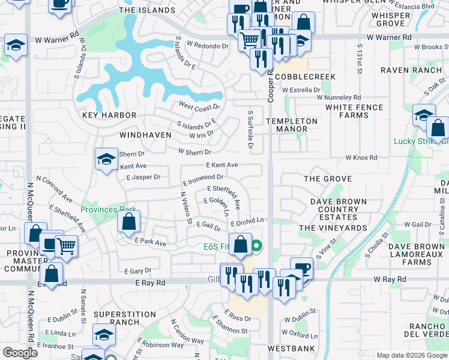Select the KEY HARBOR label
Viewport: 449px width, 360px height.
(109, 115)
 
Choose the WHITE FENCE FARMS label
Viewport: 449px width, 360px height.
(354, 111)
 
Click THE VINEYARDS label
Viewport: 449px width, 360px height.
(333, 228)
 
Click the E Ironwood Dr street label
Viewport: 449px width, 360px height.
(203, 178)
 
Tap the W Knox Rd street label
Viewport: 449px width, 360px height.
(361, 158)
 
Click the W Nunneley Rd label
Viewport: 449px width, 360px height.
(339, 97)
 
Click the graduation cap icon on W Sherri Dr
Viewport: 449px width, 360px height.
(106, 159)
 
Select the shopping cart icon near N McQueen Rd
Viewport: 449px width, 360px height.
(66, 245)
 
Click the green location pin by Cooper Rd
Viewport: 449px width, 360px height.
(256, 245)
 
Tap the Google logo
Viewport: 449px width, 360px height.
(20, 353)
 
